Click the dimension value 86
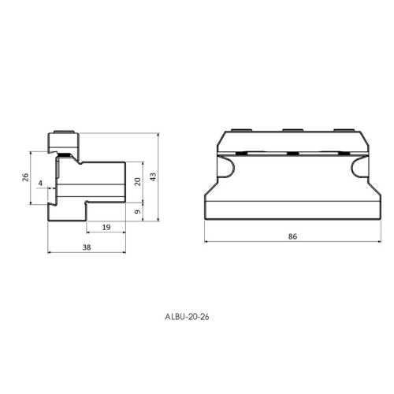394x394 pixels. pyautogui.click(x=292, y=236)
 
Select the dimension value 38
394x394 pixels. pyautogui.click(x=87, y=247)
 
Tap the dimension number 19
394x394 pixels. pyautogui.click(x=106, y=227)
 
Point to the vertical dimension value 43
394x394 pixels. pyautogui.click(x=153, y=177)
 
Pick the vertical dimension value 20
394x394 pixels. pyautogui.click(x=138, y=181)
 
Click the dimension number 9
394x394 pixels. pyautogui.click(x=138, y=212)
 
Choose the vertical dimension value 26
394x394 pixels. pyautogui.click(x=25, y=177)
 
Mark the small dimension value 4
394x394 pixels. pyautogui.click(x=40, y=183)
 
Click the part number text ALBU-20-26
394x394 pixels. pyautogui.click(x=187, y=317)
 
